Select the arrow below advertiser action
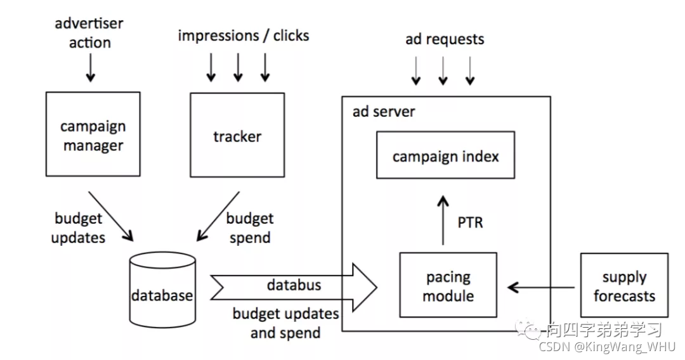(x=91, y=68)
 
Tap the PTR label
(x=470, y=222)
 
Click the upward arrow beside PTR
(x=443, y=221)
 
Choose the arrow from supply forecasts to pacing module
(x=541, y=288)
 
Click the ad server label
(x=384, y=112)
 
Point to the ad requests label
(x=445, y=39)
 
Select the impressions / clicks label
(x=244, y=35)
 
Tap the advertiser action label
(x=89, y=33)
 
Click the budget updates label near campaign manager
(x=78, y=228)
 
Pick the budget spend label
(x=250, y=228)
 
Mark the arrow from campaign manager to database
(x=111, y=216)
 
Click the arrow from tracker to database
(x=218, y=216)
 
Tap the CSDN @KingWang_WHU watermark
(x=607, y=347)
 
